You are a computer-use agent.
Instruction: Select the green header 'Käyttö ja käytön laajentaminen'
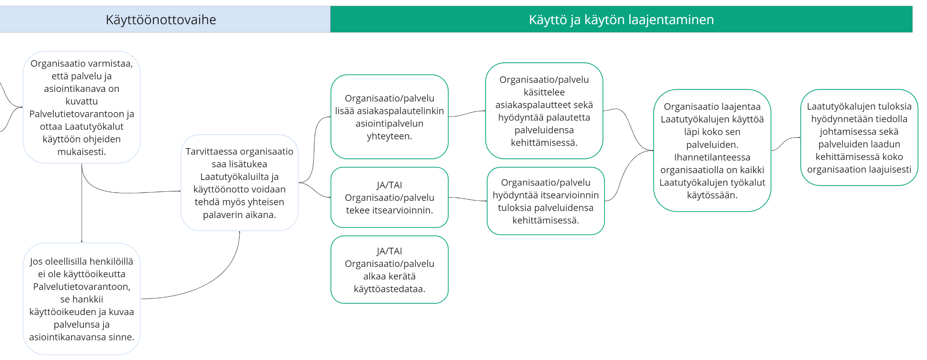(622, 19)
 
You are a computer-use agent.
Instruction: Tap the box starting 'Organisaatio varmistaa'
(82, 107)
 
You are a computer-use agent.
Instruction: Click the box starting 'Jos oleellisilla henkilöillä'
(82, 299)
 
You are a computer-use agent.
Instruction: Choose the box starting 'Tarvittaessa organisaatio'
(239, 183)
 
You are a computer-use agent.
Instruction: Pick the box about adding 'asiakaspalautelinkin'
(389, 117)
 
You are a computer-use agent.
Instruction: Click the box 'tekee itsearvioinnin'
(389, 197)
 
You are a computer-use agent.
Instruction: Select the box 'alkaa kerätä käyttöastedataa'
(389, 270)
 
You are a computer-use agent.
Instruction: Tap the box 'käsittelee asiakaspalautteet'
(544, 111)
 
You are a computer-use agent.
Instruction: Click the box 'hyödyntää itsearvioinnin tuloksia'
(546, 201)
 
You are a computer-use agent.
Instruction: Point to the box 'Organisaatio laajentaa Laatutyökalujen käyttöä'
(712, 151)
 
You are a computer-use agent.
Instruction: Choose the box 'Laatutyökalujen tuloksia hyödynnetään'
(859, 138)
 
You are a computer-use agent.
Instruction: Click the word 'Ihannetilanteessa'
(712, 157)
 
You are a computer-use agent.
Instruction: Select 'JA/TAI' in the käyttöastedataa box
(389, 251)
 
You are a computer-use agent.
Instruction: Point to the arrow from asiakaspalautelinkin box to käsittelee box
(467, 114)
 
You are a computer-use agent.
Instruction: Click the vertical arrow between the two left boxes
(82, 203)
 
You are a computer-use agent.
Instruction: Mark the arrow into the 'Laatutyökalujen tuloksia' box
(786, 144)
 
